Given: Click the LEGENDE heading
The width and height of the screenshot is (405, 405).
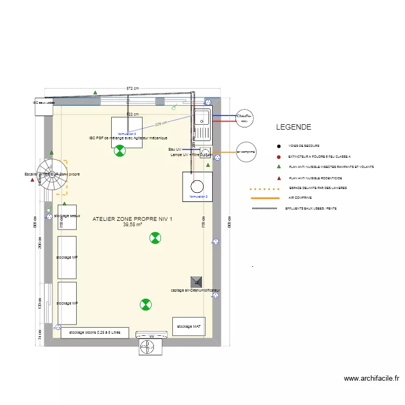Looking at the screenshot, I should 293,127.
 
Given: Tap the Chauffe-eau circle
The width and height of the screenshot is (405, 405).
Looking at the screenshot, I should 244,118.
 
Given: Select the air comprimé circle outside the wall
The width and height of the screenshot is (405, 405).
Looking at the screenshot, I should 246,152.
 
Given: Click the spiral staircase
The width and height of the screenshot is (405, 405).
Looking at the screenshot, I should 53,175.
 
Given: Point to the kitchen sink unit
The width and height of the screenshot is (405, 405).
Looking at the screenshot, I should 202,125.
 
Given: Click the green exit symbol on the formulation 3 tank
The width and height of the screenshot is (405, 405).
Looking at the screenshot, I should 119,151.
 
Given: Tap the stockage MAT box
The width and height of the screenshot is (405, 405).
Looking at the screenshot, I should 190,326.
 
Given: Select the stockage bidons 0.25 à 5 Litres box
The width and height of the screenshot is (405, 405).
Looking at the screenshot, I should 94,333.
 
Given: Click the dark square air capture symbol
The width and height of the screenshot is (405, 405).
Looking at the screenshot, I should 196,281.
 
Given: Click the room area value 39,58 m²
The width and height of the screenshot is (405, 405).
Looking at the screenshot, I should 132,225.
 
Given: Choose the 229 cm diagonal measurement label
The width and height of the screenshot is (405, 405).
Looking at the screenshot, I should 160,124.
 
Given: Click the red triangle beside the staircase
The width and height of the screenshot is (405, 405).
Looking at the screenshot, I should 33,180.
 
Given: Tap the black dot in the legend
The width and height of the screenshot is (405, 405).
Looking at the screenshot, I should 279,146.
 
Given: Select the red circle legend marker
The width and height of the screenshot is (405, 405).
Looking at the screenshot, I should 279,157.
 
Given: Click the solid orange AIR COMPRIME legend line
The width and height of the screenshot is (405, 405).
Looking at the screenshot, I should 265,198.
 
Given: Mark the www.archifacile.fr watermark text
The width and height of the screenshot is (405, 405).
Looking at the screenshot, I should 371,380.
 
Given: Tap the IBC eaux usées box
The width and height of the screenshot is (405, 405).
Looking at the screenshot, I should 43,106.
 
